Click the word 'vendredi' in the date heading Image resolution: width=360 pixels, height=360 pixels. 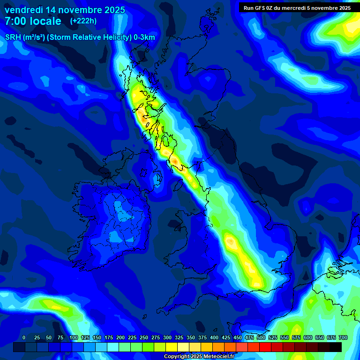pos(23,10)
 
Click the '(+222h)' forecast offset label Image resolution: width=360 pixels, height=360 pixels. pos(83,21)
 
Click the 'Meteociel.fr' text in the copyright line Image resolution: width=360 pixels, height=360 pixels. pos(218,357)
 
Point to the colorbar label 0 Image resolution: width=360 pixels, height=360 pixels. pos(24,338)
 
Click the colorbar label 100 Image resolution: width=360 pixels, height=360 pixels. pos(74,338)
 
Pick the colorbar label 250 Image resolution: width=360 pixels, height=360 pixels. pos(144,338)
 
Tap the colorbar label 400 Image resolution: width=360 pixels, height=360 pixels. pos(214,338)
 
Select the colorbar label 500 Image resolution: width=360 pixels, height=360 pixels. pos(261,338)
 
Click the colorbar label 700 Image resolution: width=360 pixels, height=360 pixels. pos(343,338)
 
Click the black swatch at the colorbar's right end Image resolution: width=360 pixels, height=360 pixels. pos(336,347)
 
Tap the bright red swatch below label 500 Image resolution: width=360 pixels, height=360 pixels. pos(265,347)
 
